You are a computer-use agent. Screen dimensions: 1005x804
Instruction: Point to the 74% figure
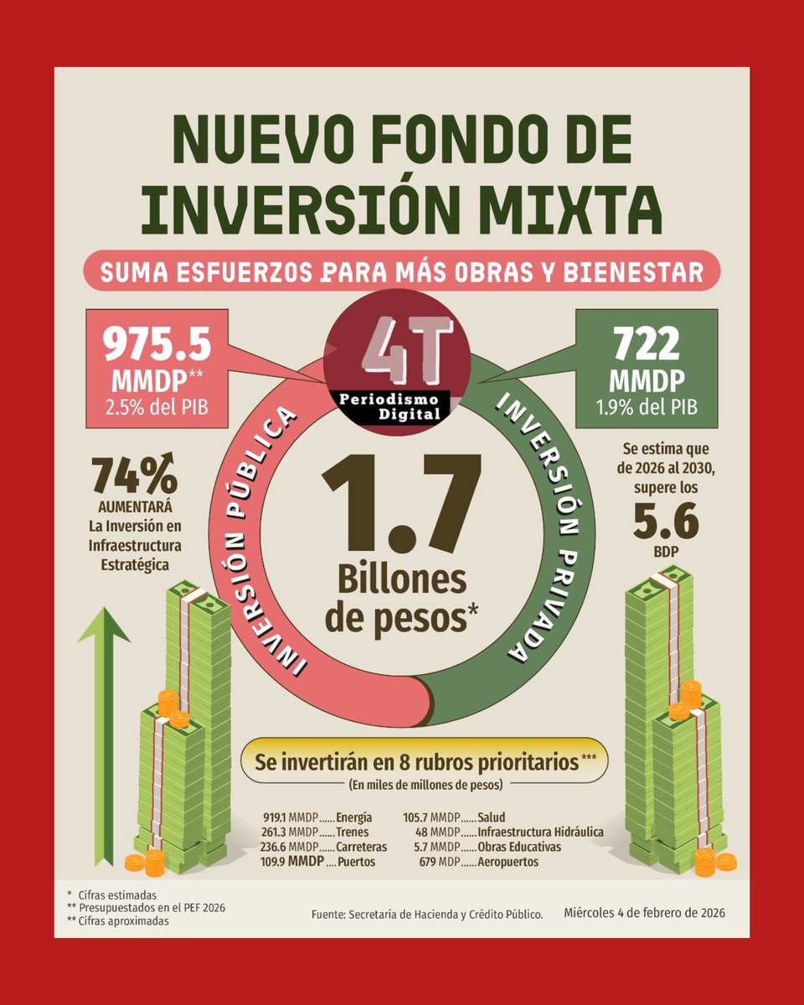click(134, 475)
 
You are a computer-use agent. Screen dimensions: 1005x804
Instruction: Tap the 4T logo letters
click(407, 345)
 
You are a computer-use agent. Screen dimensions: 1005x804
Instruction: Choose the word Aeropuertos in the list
click(508, 862)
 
